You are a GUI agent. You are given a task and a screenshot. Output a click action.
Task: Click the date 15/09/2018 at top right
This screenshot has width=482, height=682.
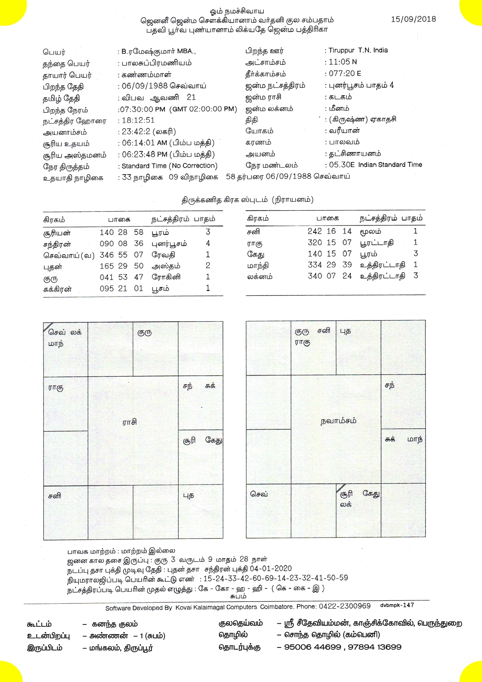[413, 19]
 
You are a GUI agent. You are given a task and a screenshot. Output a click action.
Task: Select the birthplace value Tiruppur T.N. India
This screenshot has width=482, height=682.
[358, 51]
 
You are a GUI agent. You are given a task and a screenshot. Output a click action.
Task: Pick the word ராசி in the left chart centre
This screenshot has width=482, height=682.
[129, 422]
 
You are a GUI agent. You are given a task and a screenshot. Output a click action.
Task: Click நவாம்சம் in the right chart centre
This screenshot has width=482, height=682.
[338, 421]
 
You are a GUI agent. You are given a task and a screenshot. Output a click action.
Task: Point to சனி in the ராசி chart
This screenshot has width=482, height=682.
[54, 497]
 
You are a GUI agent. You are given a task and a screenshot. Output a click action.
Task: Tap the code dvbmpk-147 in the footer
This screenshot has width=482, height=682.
[396, 605]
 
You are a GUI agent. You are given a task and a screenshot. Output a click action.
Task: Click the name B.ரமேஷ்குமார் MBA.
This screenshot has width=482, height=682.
[158, 52]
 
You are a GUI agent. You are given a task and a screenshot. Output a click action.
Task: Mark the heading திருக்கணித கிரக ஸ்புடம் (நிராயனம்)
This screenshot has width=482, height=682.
[247, 200]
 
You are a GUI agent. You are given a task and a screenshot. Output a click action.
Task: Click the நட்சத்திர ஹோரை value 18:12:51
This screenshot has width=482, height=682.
[138, 121]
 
